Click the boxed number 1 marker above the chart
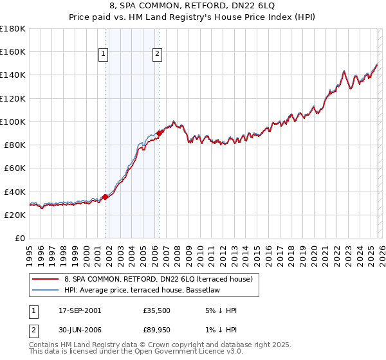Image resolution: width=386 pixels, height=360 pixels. (104, 55)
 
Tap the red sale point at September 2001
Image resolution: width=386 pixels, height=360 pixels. (105, 197)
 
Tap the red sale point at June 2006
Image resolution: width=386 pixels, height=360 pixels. (159, 133)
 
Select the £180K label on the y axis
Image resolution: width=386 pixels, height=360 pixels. (14, 29)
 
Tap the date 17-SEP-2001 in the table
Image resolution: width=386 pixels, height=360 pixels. (79, 310)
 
